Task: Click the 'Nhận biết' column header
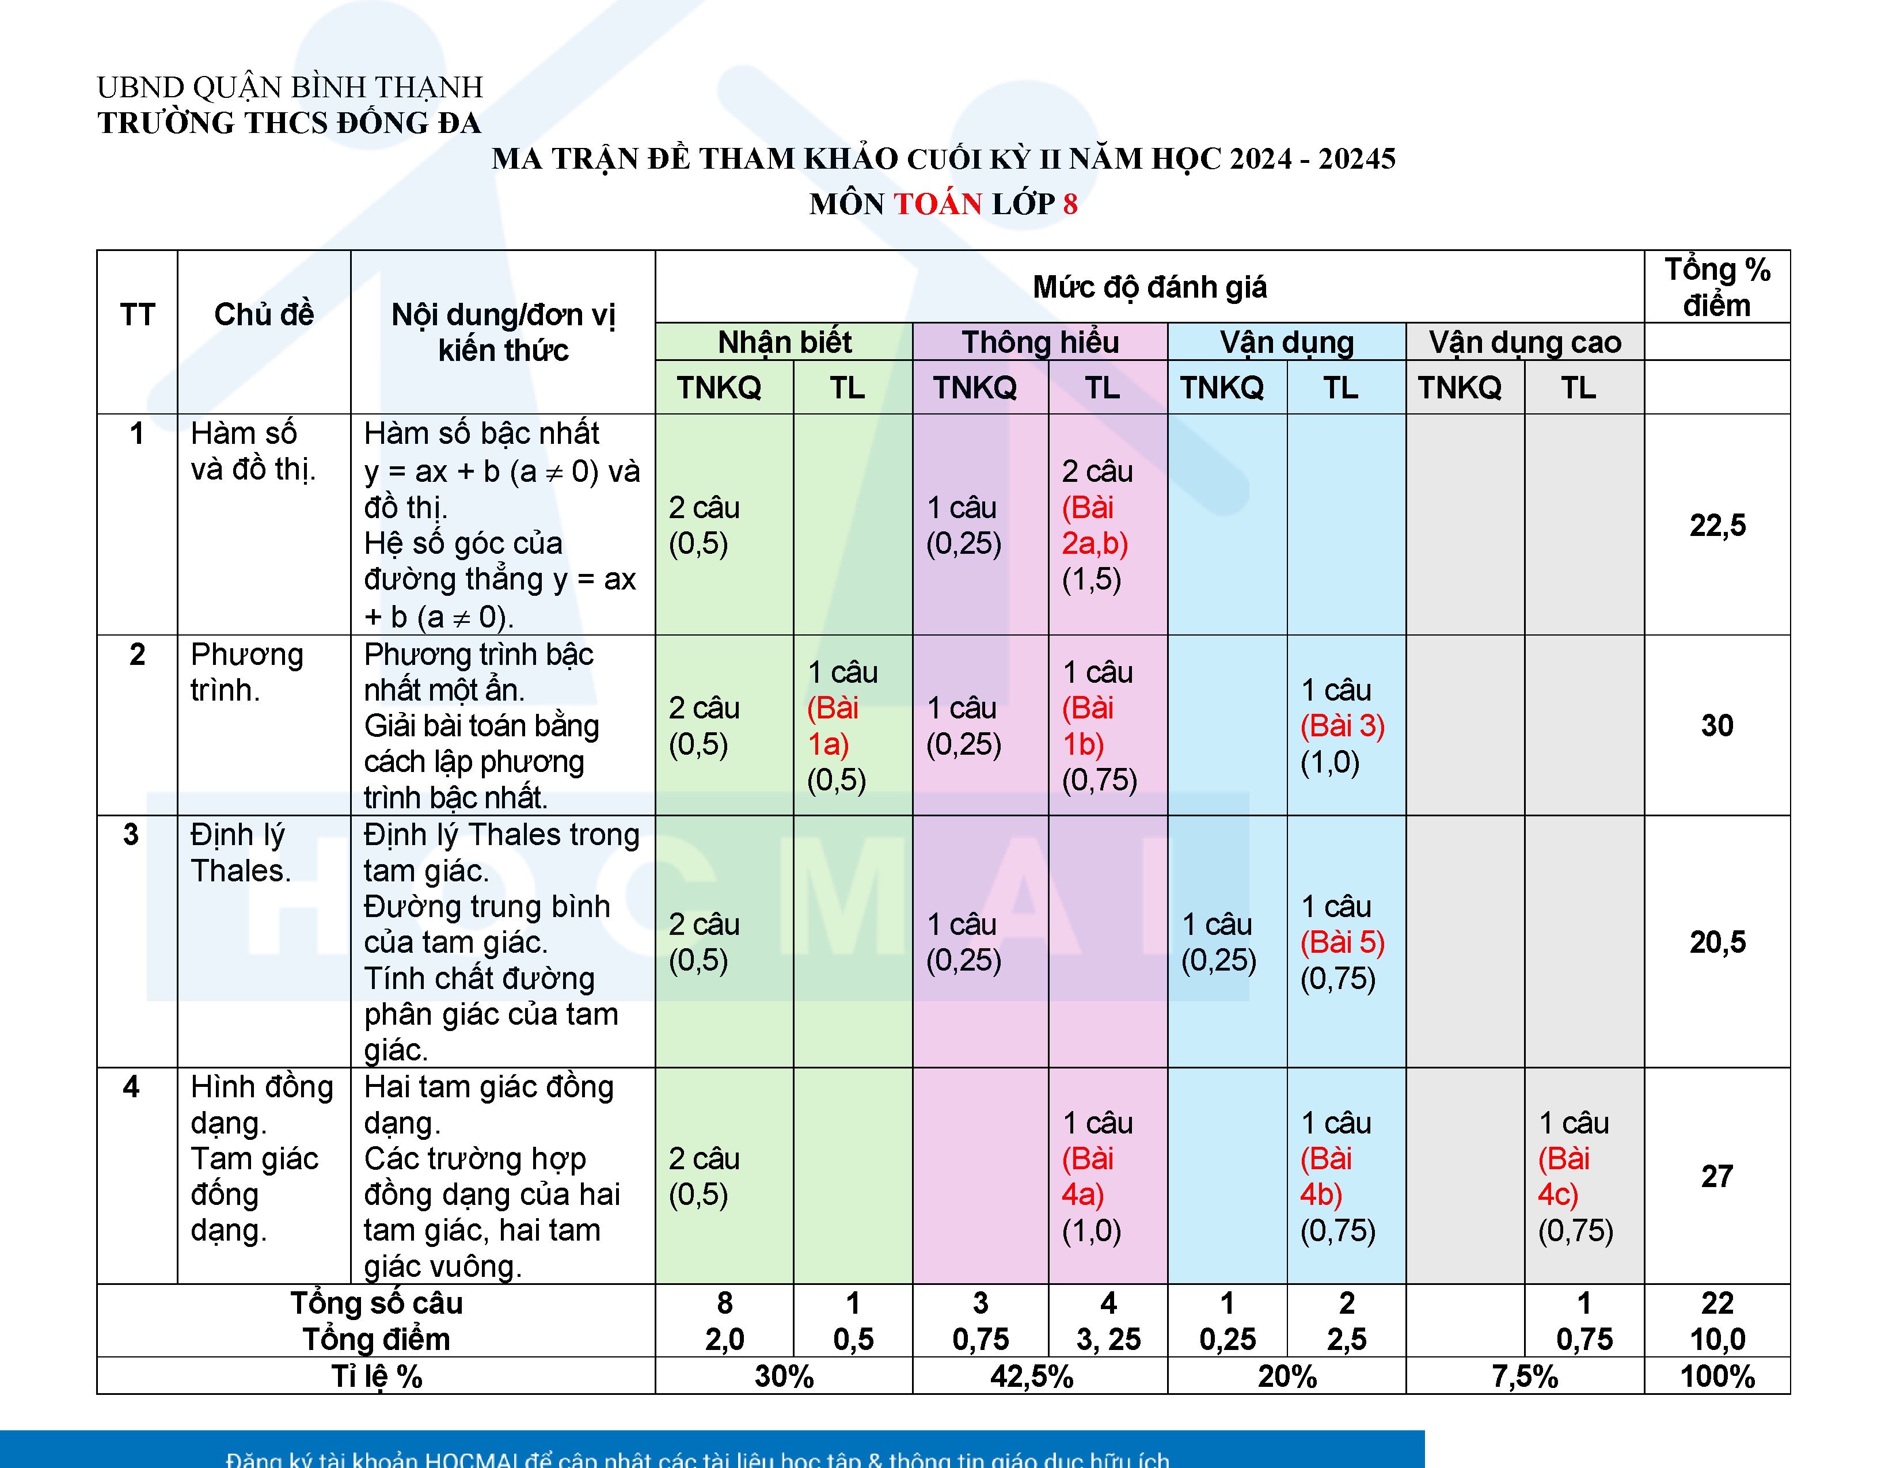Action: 784,342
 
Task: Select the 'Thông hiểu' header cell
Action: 1040,342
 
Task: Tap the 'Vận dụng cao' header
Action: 1524,342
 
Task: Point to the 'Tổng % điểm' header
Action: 1716,287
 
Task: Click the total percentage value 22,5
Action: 1716,525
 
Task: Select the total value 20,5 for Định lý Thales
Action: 1716,942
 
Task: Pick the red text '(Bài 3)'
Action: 1342,725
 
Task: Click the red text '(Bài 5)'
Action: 1342,942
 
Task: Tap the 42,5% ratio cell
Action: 1032,1376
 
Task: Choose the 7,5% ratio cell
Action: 1524,1376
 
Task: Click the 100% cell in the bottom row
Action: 1716,1376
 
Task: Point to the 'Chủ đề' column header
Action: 264,314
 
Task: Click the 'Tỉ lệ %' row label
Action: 376,1376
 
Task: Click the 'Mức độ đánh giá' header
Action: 1149,287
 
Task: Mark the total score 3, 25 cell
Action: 1107,1339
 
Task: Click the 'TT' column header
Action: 138,314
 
